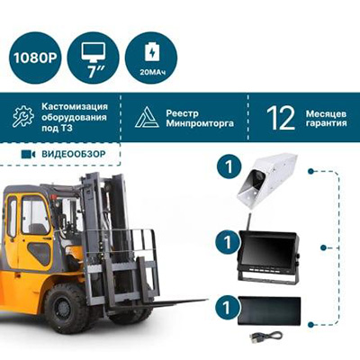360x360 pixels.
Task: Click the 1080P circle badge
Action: pos(35,58)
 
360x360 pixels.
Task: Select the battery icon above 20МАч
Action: pos(152,51)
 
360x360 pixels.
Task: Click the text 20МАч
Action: pos(152,72)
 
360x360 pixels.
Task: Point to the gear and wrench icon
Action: pos(23,116)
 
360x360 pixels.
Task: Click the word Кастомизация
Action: pos(75,106)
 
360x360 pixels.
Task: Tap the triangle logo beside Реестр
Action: pos(147,117)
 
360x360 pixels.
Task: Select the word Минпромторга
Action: pos(200,123)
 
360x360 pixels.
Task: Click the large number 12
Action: pos(281,118)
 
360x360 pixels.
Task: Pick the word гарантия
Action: pos(327,123)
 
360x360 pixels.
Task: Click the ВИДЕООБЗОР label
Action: pos(74,154)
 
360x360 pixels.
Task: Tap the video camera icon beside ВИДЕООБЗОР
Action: pos(28,154)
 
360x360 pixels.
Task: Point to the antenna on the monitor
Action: pos(248,221)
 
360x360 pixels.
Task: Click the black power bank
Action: pos(269,310)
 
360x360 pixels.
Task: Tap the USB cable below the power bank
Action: pos(265,336)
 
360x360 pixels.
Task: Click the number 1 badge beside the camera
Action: pos(229,166)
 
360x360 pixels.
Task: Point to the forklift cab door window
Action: pos(35,215)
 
